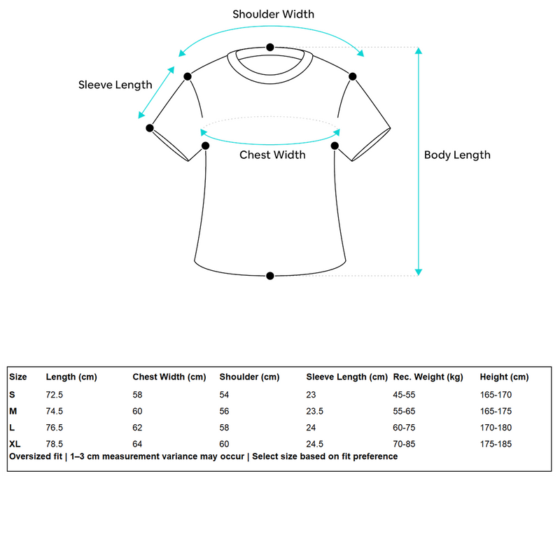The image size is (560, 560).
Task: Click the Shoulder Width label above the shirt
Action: point(273,14)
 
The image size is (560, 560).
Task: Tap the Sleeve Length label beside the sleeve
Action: point(115,85)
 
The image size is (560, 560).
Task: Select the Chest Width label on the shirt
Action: point(272,155)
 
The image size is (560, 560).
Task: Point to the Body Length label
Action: point(457,155)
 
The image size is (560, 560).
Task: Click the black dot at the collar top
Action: point(270,47)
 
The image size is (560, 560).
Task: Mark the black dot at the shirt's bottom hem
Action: point(270,276)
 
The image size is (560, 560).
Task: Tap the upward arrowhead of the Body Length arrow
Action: point(419,50)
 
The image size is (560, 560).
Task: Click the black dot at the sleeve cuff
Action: point(150,128)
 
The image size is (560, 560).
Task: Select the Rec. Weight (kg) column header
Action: point(428,377)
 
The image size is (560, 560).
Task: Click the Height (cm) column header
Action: point(504,377)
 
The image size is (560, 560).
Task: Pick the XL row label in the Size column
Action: point(15,444)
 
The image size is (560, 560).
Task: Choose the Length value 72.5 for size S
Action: point(55,395)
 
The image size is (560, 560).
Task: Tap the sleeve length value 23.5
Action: point(314,411)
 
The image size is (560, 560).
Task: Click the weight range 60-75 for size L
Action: point(404,428)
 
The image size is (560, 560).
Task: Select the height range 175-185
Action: point(496,444)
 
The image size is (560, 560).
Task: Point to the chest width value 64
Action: point(137,444)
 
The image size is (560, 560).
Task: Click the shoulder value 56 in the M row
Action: point(224,411)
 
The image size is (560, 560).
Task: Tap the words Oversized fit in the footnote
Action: point(36,456)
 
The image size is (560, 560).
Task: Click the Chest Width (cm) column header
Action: point(169,377)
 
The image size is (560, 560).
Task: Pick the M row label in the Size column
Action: point(13,411)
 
